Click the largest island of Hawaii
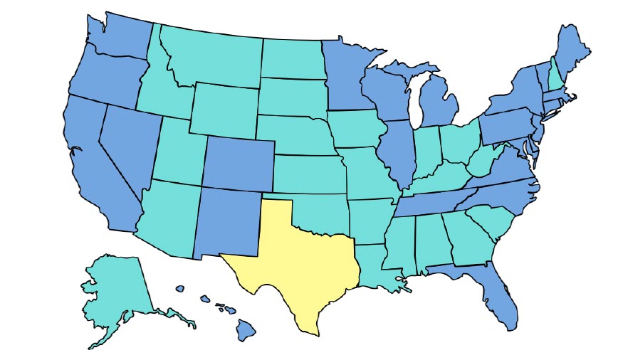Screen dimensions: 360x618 (246, 329)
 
